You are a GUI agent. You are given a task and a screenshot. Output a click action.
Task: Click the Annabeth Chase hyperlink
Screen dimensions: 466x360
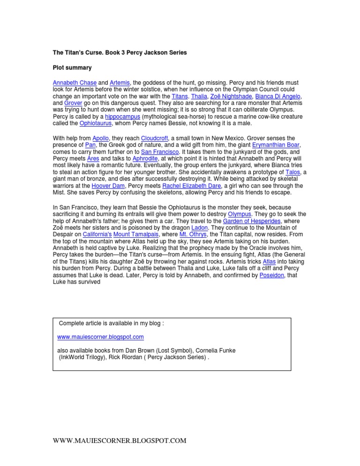(x=75, y=83)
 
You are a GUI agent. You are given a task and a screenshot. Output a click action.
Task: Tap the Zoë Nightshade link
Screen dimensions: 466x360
(x=227, y=96)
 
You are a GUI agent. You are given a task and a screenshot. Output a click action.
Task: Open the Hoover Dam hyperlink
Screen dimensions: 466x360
(x=108, y=186)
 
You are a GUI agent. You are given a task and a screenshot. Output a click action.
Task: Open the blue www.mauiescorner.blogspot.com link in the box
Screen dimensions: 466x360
(x=100, y=337)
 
